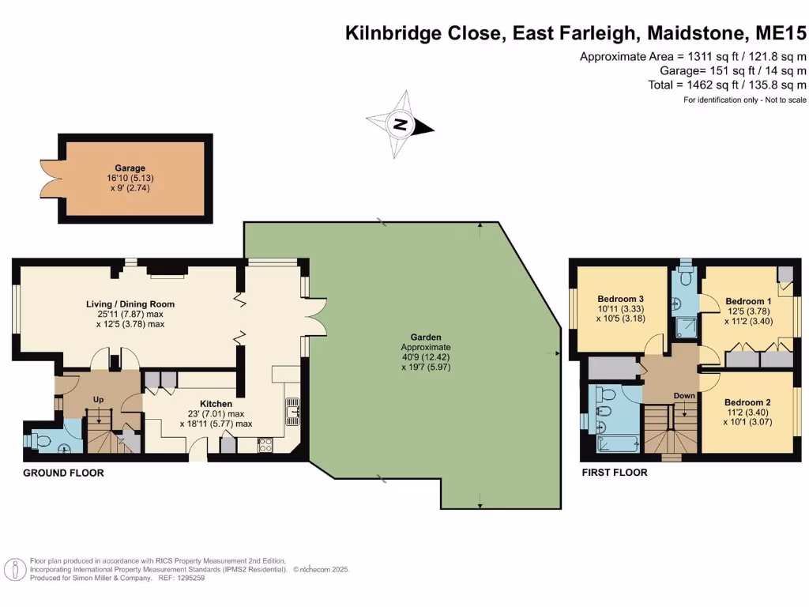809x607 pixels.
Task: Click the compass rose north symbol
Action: [x=401, y=124]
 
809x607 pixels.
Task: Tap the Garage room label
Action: [x=130, y=168]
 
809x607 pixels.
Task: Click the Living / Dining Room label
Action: [x=130, y=303]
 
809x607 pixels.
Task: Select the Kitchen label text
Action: [x=216, y=404]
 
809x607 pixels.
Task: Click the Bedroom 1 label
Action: [x=748, y=301]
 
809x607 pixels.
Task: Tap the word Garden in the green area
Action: [x=425, y=337]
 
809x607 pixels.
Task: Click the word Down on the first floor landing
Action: [x=684, y=395]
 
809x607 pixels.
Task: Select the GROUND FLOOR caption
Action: [x=63, y=473]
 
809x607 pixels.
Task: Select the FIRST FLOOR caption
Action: [x=615, y=473]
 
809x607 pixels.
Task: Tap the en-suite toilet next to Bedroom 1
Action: [x=684, y=278]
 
